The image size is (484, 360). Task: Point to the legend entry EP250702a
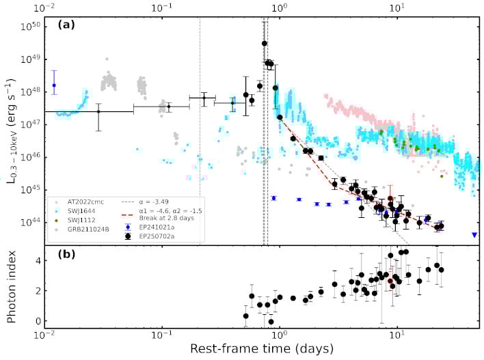pyautogui.click(x=153, y=236)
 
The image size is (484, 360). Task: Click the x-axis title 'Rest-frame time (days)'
pyautogui.click(x=263, y=349)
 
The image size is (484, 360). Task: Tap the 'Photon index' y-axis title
pyautogui.click(x=12, y=286)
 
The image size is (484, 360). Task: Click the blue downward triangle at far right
pyautogui.click(x=474, y=235)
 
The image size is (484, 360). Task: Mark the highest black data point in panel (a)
pyautogui.click(x=265, y=44)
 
